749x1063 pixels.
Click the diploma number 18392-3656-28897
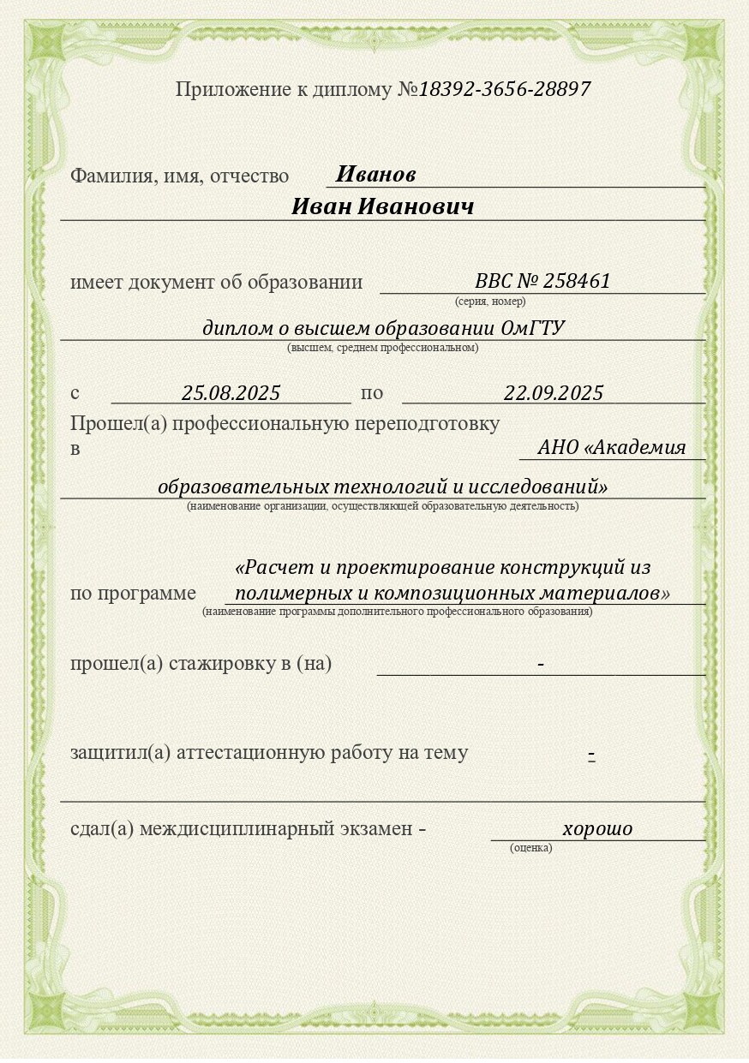[505, 89]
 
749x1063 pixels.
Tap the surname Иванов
[375, 175]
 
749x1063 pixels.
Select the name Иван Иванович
[382, 207]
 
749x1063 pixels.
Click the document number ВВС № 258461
[542, 282]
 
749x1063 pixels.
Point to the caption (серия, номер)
[490, 302]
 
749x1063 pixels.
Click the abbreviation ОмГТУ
[532, 328]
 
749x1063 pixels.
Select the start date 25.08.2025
[231, 393]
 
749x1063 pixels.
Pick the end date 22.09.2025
[554, 393]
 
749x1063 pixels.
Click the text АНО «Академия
[612, 447]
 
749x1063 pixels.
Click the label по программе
[133, 594]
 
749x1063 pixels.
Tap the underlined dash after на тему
[591, 755]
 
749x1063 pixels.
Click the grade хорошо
[597, 829]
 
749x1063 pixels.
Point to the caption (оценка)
[530, 848]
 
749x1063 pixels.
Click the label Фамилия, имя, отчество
[179, 176]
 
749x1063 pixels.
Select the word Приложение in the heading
[225, 89]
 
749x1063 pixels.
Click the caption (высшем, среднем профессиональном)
[382, 348]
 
